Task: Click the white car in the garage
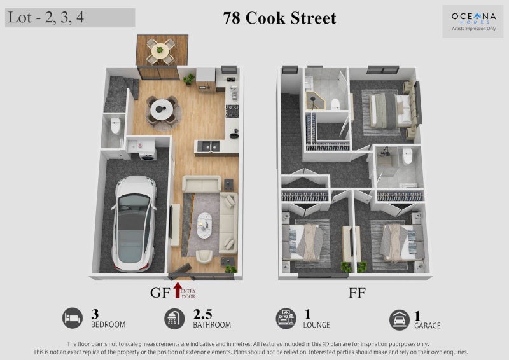point(134,223)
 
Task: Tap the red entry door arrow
point(178,290)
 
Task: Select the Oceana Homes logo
point(473,20)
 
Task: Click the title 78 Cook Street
point(279,18)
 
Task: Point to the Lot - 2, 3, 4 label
point(46,17)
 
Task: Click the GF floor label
point(160,293)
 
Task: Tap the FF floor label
point(357,293)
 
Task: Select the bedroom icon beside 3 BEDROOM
point(73,318)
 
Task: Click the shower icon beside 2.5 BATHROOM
point(174,319)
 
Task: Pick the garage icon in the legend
point(400,320)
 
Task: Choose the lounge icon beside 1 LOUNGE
point(286,319)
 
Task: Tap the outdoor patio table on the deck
point(160,50)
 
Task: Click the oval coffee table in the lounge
point(204,225)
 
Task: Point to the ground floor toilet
point(116,126)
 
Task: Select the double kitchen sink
point(209,146)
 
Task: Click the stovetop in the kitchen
point(232,111)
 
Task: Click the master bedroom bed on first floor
point(391,111)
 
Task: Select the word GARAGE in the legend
point(427,326)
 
